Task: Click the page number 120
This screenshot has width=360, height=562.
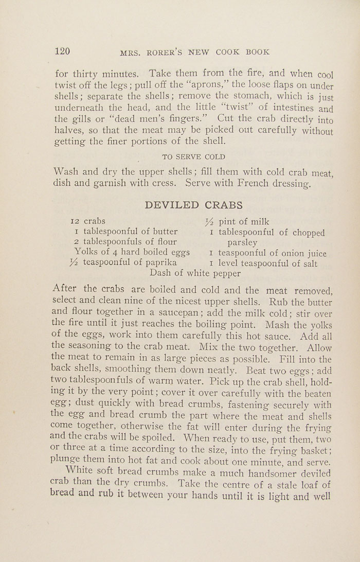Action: pyautogui.click(x=62, y=50)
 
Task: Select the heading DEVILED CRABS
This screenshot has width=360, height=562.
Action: pyautogui.click(x=194, y=205)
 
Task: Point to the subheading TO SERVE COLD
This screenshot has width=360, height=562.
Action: pyautogui.click(x=193, y=156)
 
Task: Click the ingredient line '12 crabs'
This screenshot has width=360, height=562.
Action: pyautogui.click(x=87, y=221)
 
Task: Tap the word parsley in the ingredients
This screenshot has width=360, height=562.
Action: pyautogui.click(x=243, y=242)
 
